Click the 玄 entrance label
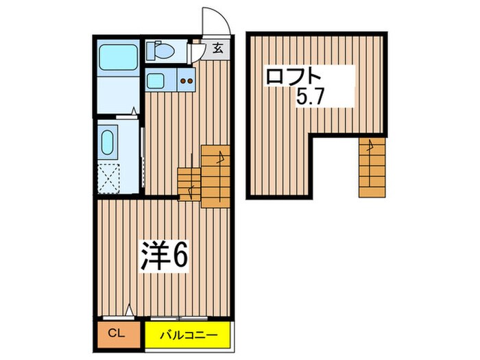coord(217,48)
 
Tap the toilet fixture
coord(159,50)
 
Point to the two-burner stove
coord(187,81)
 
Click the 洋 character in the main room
coord(155,255)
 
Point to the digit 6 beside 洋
coord(180,255)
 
